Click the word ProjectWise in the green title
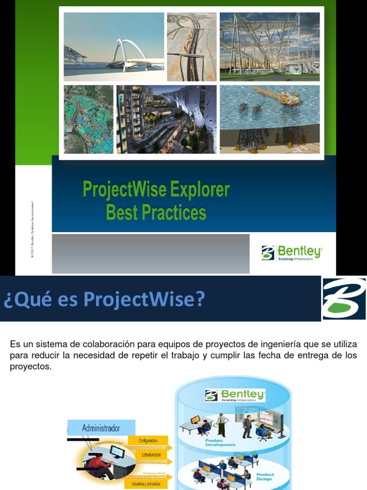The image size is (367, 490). (x=123, y=190)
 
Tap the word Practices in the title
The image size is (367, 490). (x=173, y=212)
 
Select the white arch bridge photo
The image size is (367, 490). (x=114, y=46)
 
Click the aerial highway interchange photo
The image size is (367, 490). (x=192, y=46)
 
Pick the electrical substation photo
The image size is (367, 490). (x=270, y=46)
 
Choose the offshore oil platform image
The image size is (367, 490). (x=270, y=119)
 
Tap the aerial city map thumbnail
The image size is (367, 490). (x=88, y=119)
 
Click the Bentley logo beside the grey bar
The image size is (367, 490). (x=291, y=253)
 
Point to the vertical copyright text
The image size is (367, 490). (x=32, y=230)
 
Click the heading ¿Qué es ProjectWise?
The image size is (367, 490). (x=104, y=300)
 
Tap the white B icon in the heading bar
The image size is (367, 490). (x=344, y=298)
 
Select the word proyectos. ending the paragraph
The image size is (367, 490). (x=30, y=367)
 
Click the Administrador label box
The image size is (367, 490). (x=101, y=428)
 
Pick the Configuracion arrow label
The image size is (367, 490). (x=148, y=440)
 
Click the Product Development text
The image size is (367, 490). (x=220, y=442)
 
